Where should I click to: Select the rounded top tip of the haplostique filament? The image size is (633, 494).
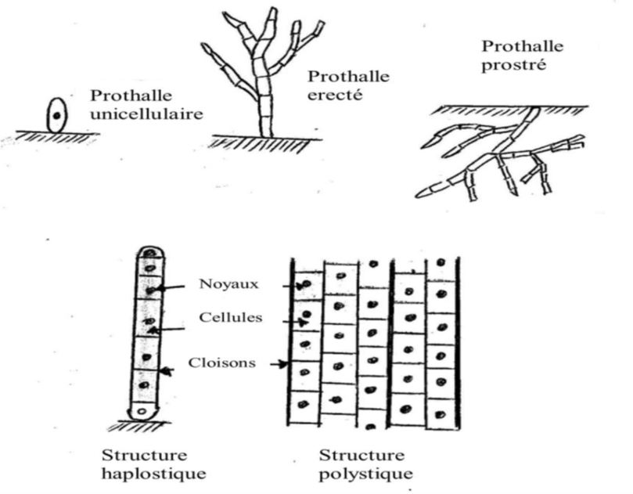tap(149, 252)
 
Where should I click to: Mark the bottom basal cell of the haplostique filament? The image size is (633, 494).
tap(143, 409)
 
